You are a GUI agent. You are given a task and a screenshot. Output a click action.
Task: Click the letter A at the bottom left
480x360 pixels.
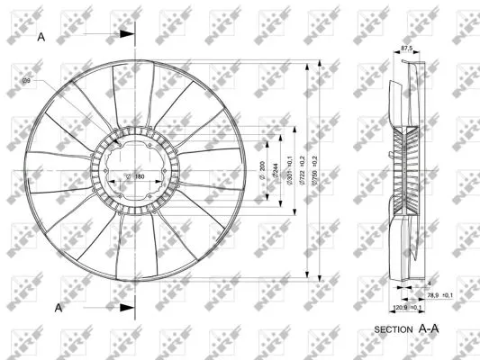[x=59, y=308]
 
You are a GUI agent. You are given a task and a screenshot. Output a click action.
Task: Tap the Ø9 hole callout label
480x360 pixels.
[x=27, y=81]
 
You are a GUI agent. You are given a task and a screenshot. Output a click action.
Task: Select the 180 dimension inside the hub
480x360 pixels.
[x=140, y=175]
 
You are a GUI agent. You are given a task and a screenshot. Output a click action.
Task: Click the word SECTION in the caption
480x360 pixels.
[x=394, y=330]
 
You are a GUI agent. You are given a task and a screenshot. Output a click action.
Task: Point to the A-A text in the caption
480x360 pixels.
[x=430, y=329]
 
